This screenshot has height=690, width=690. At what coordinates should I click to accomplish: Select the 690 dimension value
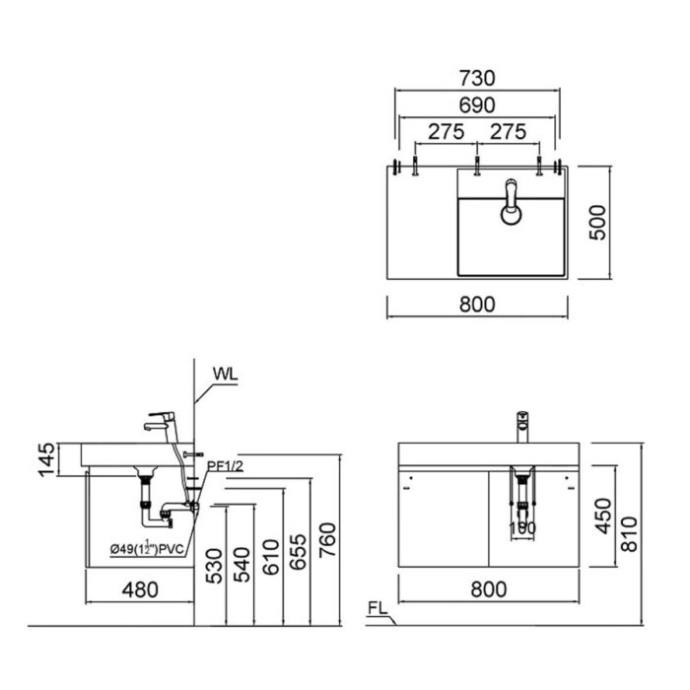tap(477, 104)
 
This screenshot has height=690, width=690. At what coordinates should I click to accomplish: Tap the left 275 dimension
tap(446, 131)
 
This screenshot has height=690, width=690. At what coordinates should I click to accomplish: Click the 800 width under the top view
tap(477, 305)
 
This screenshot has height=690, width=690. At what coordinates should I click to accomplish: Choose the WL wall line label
tap(226, 374)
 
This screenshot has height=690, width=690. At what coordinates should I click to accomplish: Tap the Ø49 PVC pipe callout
tap(148, 549)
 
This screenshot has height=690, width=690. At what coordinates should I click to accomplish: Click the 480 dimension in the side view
tap(140, 589)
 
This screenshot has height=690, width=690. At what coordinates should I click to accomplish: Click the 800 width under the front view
tap(488, 589)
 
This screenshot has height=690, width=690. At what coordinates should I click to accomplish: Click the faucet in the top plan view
tap(511, 202)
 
